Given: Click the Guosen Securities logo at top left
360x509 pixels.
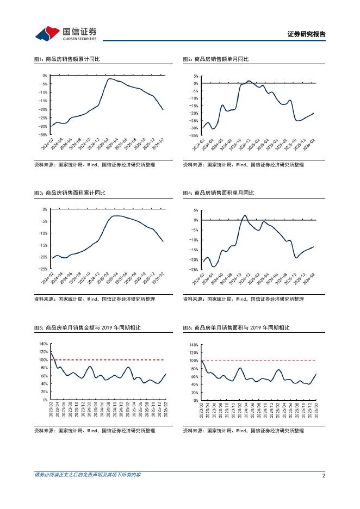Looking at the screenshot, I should pyautogui.click(x=66, y=33).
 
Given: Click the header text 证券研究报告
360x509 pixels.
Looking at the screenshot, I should pyautogui.click(x=306, y=34).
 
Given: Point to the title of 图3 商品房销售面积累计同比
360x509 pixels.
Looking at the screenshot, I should pyautogui.click(x=70, y=193).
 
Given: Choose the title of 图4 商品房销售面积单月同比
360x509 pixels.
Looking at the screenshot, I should pyautogui.click(x=218, y=193).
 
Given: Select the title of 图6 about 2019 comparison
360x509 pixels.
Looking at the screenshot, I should pyautogui.click(x=236, y=328).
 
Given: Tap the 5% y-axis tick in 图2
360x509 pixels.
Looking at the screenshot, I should pyautogui.click(x=195, y=76).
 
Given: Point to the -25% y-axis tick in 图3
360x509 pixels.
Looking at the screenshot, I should pyautogui.click(x=44, y=269).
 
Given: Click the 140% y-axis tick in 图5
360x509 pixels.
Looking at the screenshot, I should pyautogui.click(x=44, y=344).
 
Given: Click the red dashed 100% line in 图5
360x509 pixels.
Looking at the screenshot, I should pyautogui.click(x=109, y=360).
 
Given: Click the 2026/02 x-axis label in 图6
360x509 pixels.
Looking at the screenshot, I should pyautogui.click(x=315, y=412).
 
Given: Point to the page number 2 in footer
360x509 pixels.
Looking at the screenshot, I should pyautogui.click(x=324, y=475).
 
